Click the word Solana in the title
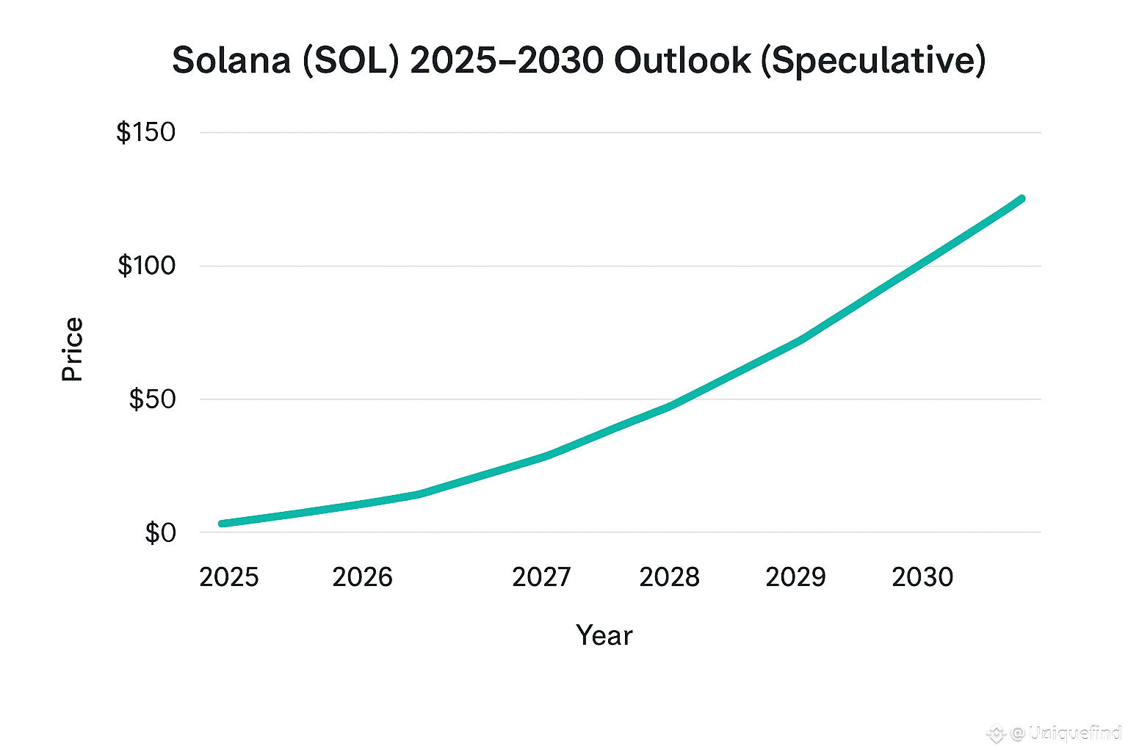[x=231, y=60]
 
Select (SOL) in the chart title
[x=350, y=60]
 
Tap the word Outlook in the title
[x=682, y=60]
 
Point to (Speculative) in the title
[x=873, y=60]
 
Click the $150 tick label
[x=146, y=133]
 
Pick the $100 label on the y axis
[x=147, y=266]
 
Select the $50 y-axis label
[x=152, y=399]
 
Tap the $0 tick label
[x=160, y=532]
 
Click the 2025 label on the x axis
[x=229, y=577]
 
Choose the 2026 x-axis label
[x=362, y=577]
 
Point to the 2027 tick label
[x=541, y=577]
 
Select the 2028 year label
[x=669, y=577]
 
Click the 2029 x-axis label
[x=795, y=577]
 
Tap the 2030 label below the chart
[x=922, y=577]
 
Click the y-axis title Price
[x=72, y=350]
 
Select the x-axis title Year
[x=604, y=636]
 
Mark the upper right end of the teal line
[x=1021, y=199]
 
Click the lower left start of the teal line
[x=222, y=524]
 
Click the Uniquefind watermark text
[x=1074, y=732]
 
